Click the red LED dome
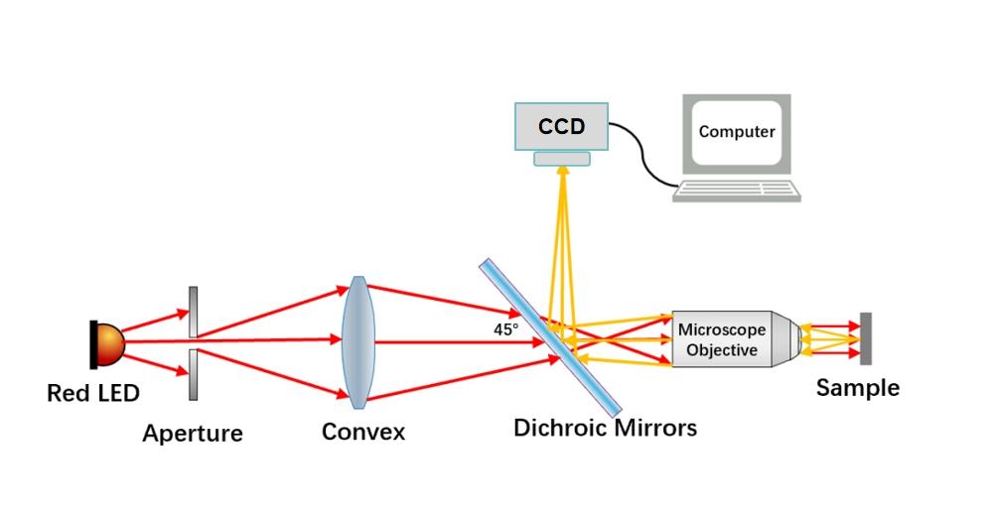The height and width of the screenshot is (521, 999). [109, 342]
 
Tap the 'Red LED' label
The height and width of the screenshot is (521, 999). [93, 394]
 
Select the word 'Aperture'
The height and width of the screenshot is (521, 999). [193, 434]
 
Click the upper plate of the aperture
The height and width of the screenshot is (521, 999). [193, 312]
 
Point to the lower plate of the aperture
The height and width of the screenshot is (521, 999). [193, 374]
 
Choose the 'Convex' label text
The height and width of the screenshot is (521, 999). [363, 433]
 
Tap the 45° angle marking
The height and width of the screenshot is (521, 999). [505, 328]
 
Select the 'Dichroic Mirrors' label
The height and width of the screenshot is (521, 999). [605, 429]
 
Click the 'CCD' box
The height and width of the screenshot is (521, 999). [561, 127]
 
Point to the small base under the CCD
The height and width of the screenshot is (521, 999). [561, 159]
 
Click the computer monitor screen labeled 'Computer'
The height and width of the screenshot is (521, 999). [736, 132]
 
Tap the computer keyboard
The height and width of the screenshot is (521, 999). [736, 191]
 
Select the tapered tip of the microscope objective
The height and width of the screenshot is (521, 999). [785, 339]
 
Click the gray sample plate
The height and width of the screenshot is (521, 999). [866, 339]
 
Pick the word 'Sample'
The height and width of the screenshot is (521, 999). [857, 388]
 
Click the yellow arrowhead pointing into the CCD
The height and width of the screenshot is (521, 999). [562, 172]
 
